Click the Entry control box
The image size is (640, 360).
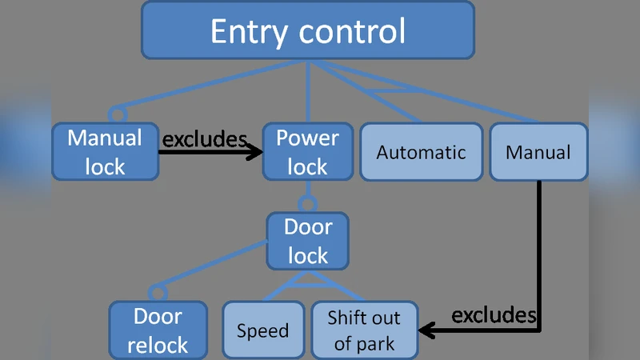click(308, 30)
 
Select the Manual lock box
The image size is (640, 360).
click(106, 151)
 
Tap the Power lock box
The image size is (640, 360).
click(308, 151)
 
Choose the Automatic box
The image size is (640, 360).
click(421, 151)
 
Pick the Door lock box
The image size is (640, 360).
click(308, 241)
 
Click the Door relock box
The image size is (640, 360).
click(158, 330)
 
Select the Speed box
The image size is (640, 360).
click(263, 330)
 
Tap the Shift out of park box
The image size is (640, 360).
click(364, 330)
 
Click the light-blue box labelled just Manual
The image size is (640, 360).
click(538, 151)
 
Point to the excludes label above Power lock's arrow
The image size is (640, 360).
click(205, 139)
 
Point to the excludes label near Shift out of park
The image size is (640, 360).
click(494, 314)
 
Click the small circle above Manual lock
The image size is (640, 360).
click(118, 114)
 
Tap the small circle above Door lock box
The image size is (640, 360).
click(308, 203)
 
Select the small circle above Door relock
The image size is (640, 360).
click(158, 292)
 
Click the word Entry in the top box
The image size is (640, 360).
click(246, 31)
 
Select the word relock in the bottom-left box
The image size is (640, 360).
click(158, 346)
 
